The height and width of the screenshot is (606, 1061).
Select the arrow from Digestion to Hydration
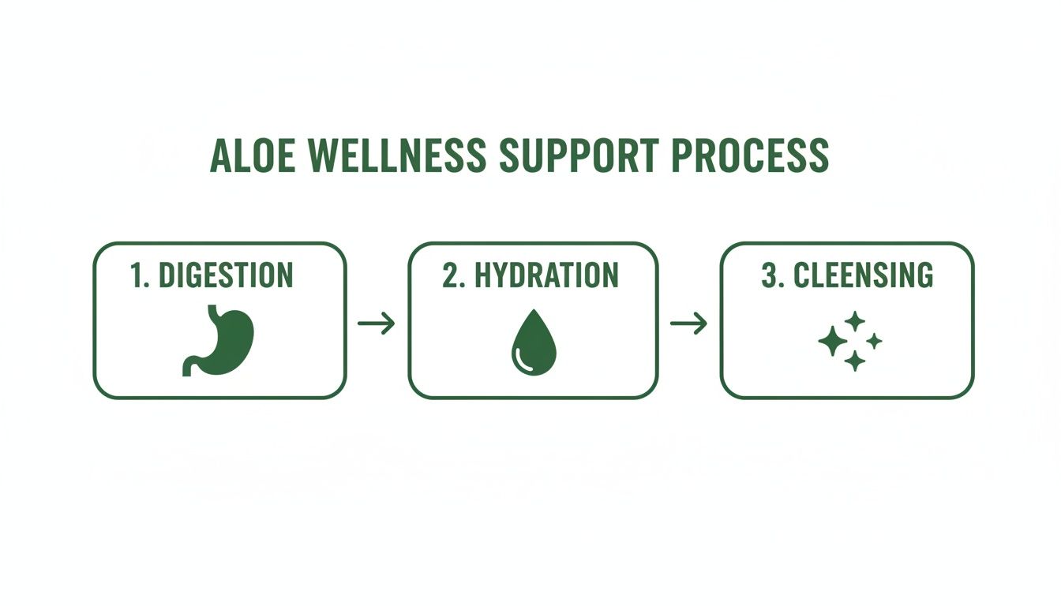tap(376, 323)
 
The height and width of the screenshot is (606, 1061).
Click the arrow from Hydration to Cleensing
tap(688, 323)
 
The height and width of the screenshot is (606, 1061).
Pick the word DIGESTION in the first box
tap(226, 275)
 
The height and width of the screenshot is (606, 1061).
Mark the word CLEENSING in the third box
tap(863, 275)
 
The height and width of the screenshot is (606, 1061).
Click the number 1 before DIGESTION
tap(139, 275)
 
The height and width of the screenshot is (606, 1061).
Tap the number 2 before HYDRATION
tap(451, 275)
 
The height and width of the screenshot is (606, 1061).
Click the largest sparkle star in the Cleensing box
tap(832, 342)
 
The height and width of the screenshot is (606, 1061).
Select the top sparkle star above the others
tap(855, 321)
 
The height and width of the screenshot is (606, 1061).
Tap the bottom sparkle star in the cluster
tap(854, 361)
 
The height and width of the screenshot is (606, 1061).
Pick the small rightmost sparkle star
tap(875, 341)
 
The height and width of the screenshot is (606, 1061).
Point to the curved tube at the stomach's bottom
tap(192, 365)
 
